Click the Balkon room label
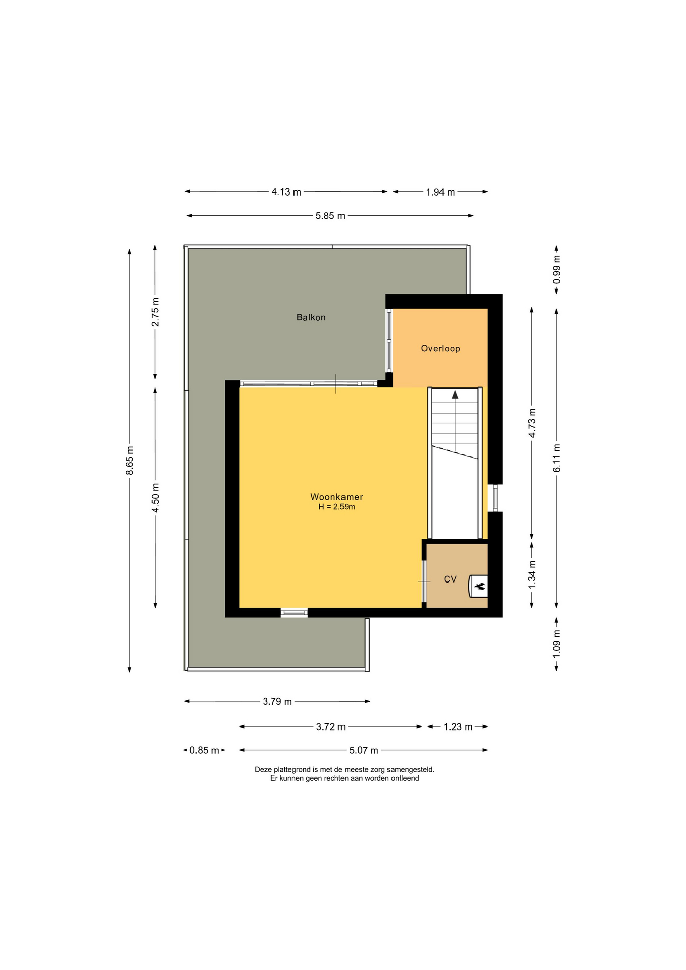311,317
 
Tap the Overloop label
440,348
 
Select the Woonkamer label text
336,497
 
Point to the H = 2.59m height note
336,507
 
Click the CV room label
450,579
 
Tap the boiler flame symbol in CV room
480,586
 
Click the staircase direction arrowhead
455,395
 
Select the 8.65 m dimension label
130,460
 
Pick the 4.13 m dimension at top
286,192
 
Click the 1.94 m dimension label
440,192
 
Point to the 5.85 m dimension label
330,216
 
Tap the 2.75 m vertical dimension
155,312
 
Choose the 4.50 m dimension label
155,498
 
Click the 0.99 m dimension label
556,270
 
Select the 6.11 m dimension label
556,458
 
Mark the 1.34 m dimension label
532,574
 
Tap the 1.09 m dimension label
556,644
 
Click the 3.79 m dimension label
277,701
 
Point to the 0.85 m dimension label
204,750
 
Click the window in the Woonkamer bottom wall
294,613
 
